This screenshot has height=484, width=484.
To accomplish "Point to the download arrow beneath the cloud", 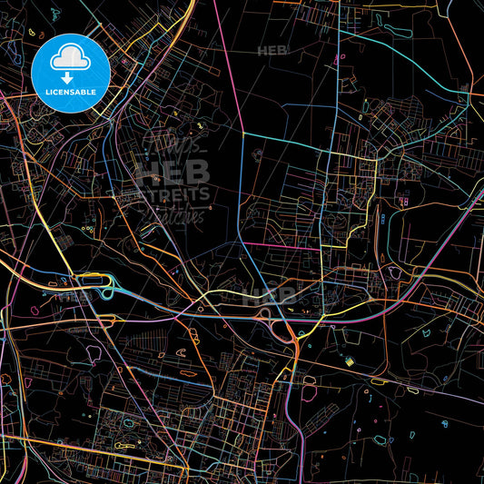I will click(71, 79).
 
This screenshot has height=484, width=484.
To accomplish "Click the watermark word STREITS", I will click(173, 193).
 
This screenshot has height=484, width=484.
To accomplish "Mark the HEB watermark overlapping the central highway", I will click(269, 294).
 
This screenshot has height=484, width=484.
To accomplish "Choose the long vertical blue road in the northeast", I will click(337, 73).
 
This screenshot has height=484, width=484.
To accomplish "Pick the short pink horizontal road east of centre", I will click(282, 245).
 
